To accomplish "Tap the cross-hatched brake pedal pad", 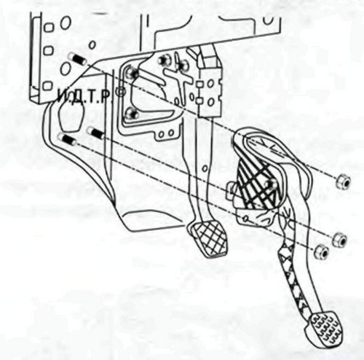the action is (x=208, y=238).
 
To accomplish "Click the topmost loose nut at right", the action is (x=343, y=182).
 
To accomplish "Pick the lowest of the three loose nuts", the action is (x=322, y=252).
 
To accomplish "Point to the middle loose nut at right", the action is (x=339, y=239).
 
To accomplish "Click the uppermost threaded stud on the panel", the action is (x=76, y=59).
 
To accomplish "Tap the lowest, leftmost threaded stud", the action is (x=67, y=139).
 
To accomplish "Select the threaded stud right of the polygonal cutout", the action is (x=95, y=133).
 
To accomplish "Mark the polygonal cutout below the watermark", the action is (x=71, y=116).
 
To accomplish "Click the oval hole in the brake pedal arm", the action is (x=205, y=168).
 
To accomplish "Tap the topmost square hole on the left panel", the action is (x=49, y=27).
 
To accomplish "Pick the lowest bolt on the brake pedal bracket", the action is (x=132, y=113).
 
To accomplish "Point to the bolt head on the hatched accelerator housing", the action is (x=270, y=184).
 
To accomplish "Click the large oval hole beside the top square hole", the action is (x=66, y=23).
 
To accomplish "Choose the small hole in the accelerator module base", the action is (x=245, y=218).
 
